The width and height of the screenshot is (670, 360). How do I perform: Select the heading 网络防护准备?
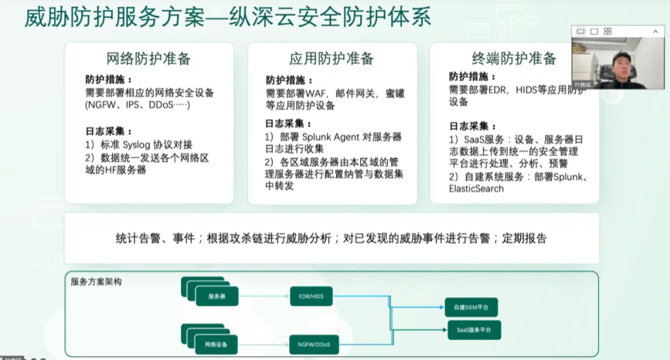coord(148,59)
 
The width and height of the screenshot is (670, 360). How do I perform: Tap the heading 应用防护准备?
coord(332,59)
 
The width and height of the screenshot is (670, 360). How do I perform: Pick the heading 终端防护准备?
coord(514,59)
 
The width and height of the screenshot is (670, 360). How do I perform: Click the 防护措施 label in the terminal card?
coord(469,77)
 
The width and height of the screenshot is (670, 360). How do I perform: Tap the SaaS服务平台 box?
coord(473,330)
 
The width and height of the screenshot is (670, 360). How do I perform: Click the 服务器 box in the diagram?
coord(216,296)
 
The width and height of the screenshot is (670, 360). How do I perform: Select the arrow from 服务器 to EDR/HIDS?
coord(262,296)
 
